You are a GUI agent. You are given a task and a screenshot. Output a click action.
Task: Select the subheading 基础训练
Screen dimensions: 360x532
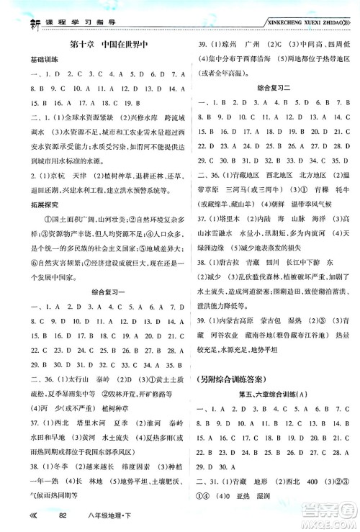(35, 58)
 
